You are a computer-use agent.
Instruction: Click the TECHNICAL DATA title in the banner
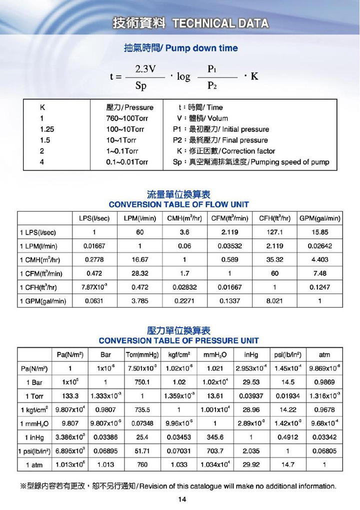[220, 23]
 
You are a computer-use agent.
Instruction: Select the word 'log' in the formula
[183, 77]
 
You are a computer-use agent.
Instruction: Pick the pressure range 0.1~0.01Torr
[127, 162]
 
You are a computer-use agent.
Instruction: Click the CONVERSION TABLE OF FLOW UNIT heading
[178, 205]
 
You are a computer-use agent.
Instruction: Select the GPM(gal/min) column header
[320, 218]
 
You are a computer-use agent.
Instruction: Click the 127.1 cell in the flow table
[274, 232]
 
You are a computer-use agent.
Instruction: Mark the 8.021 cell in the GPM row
[274, 301]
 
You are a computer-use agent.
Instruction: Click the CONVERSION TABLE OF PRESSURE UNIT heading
[178, 341]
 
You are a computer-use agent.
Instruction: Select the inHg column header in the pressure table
[251, 355]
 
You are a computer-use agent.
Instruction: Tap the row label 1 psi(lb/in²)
[35, 451]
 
